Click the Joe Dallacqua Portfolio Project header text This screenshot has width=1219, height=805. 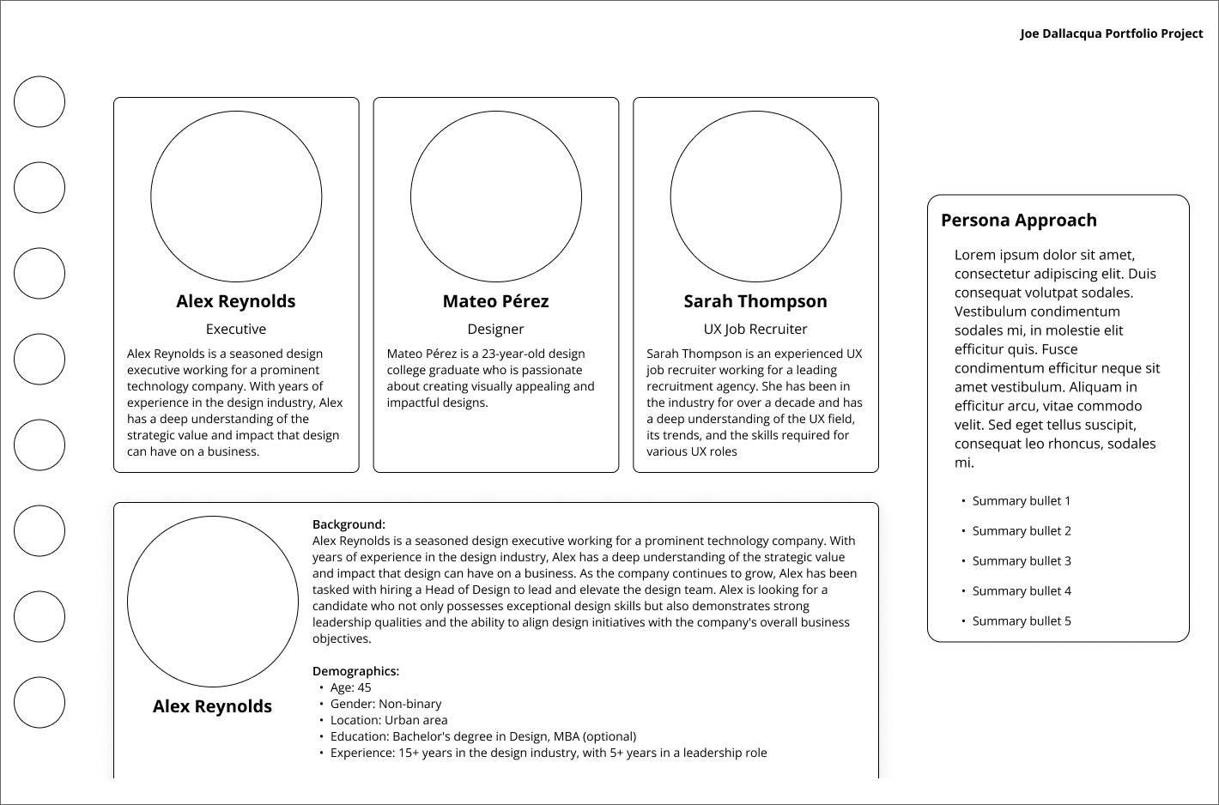coord(1111,33)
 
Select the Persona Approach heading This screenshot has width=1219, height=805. coord(1018,221)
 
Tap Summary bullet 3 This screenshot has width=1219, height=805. coord(1021,561)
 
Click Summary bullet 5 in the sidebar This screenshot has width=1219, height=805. coord(1021,621)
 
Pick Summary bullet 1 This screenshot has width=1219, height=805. coord(1021,501)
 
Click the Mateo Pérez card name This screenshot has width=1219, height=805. coord(495,301)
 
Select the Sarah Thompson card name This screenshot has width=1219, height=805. coord(755,301)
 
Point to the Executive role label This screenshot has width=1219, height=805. coord(236,330)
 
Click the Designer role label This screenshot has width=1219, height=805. coord(495,330)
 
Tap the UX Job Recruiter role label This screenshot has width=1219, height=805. coord(755,330)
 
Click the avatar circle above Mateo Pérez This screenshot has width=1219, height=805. coord(496,197)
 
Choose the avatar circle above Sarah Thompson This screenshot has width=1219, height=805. coord(755,197)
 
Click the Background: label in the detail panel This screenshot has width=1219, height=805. coord(349,524)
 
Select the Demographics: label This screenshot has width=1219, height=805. coord(355,671)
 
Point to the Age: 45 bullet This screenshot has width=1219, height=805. coord(350,687)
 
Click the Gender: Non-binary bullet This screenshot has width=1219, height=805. coord(385,704)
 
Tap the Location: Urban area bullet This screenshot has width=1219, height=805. coord(389,720)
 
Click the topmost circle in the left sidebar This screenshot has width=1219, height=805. coord(39,102)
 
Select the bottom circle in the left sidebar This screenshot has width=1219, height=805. coord(39,702)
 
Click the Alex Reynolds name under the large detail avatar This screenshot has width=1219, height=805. coord(212,706)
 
